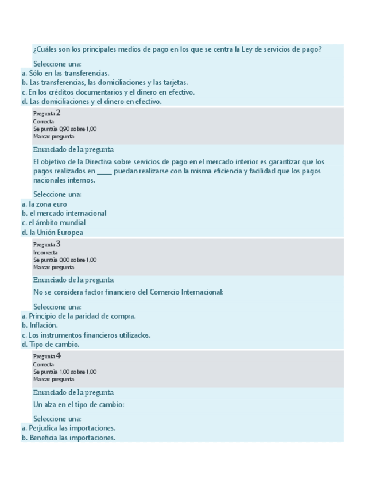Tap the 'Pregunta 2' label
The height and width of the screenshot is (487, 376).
pos(46,113)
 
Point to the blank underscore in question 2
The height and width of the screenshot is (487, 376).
pos(104,171)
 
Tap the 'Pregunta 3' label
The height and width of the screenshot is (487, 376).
pos(46,244)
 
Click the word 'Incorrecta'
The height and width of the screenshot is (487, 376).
pos(45,252)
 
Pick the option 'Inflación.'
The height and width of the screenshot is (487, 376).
pos(44,325)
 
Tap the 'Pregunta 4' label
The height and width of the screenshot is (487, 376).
pos(46,356)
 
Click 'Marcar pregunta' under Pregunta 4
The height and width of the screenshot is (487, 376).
pos(53,379)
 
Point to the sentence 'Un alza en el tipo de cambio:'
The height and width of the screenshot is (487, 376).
pos(79,404)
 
